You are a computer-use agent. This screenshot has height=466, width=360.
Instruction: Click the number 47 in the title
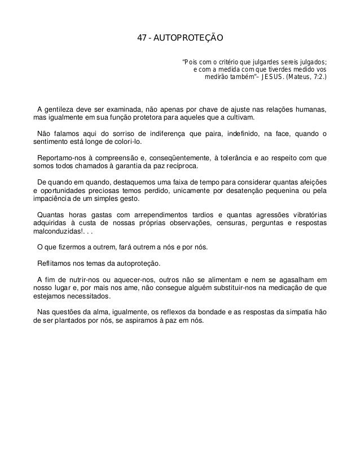[143, 39]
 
